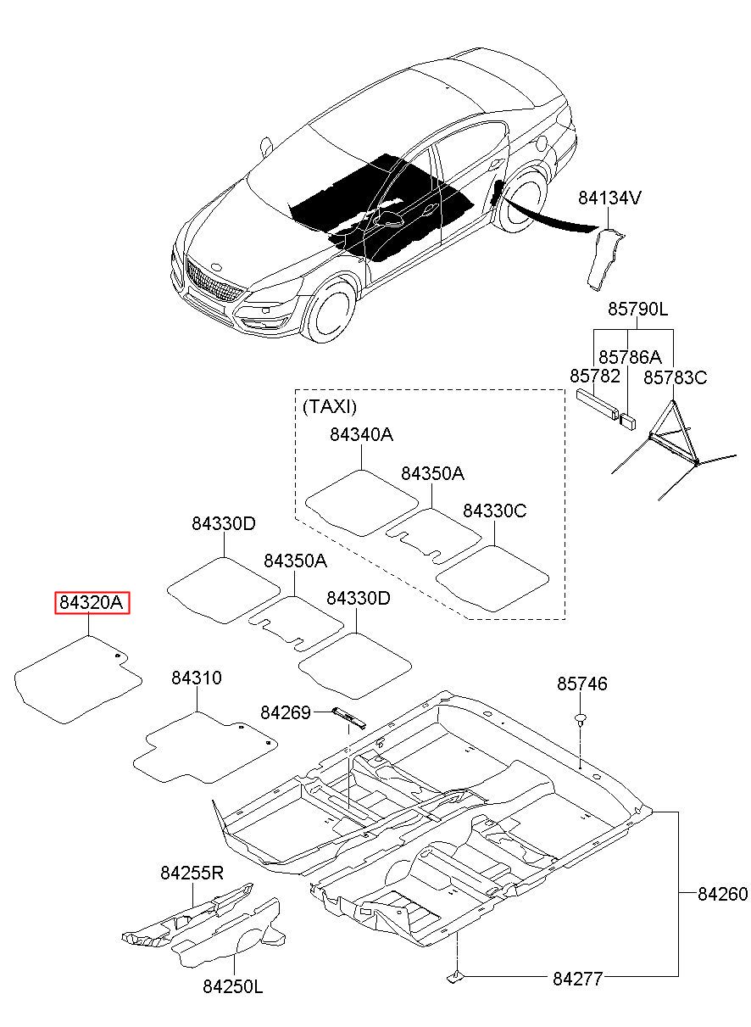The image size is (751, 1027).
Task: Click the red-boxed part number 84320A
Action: [x=92, y=603]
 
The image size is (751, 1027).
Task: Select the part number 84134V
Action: [x=609, y=198]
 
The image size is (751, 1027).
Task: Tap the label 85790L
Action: [x=637, y=310]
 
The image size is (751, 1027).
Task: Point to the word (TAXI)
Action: [x=330, y=406]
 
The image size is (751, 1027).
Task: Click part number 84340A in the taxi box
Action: [x=361, y=434]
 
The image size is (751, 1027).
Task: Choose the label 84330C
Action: [x=494, y=511]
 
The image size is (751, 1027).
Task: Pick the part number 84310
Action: [x=197, y=678]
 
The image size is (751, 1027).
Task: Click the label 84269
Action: [x=286, y=712]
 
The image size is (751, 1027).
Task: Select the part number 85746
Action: [x=581, y=684]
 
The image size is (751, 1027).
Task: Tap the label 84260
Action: [x=723, y=894]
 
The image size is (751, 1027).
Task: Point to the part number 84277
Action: [x=577, y=979]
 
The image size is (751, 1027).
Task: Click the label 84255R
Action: [x=192, y=873]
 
